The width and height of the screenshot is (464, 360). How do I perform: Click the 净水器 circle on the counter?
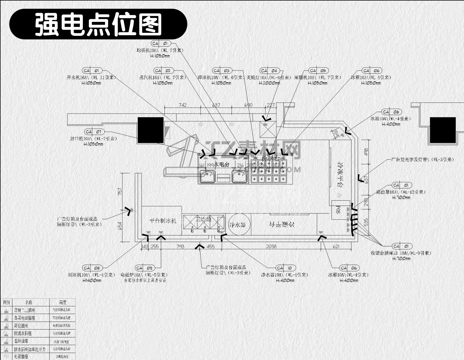(237, 225)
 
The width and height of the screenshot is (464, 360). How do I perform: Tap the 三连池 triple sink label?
(203, 219)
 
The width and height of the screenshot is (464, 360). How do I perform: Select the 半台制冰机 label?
(163, 220)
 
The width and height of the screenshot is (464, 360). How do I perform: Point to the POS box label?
(338, 210)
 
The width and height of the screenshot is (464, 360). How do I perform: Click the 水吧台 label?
(221, 164)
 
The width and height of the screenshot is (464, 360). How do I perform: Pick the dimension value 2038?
(271, 246)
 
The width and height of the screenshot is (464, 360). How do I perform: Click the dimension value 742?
(182, 105)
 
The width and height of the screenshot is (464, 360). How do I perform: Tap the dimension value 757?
(120, 191)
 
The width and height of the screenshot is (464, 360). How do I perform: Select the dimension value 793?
(180, 246)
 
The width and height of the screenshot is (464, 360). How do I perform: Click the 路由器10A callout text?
(401, 192)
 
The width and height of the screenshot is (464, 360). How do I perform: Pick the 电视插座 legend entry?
(21, 357)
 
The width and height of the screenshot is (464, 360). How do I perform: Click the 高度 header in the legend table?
(63, 302)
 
